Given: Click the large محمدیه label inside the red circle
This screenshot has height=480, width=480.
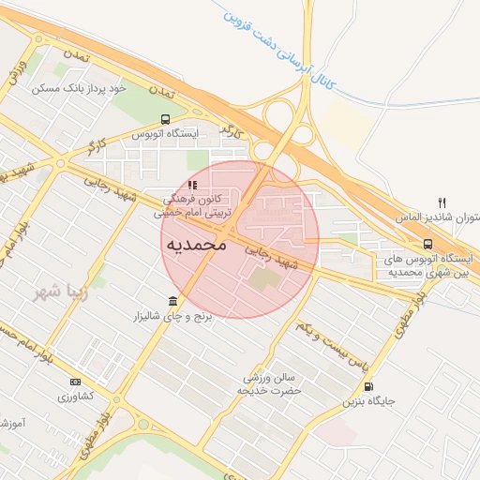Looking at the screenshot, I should tap(197, 245).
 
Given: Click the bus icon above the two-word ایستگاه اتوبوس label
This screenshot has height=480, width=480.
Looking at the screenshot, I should tap(166, 119).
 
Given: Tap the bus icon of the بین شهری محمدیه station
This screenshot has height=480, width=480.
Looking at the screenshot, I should tap(428, 244).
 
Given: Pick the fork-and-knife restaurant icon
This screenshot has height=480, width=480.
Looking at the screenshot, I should tap(442, 202).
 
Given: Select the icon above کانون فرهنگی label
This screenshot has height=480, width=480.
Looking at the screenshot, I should tap(192, 185).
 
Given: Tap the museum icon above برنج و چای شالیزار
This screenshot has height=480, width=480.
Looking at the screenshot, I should tap(172, 301).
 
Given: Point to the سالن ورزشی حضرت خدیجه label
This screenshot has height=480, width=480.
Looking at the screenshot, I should tap(267, 382).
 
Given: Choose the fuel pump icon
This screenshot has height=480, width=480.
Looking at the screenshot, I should tap(367, 386).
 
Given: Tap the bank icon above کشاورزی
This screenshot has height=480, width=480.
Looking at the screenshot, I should tap(75, 382).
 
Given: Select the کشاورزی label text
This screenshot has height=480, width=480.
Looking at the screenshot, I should tap(76, 397).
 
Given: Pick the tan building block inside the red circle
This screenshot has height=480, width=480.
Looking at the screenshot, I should tap(265, 278).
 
